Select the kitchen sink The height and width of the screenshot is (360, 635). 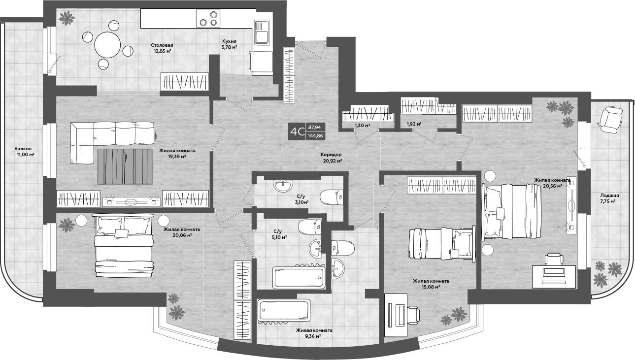point(261,33)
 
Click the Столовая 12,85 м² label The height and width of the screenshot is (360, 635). point(162,48)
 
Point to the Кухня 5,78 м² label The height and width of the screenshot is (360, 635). point(230,45)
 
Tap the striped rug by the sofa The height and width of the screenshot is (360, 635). point(126,165)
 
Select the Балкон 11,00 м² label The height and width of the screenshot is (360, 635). point(24,151)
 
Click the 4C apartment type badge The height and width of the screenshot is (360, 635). point(297,131)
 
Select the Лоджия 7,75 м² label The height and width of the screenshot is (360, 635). point(609,198)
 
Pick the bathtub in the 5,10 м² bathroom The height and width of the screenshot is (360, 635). point(299,278)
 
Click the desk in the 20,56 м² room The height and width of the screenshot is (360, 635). point(554,276)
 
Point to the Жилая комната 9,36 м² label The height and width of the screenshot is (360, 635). point(314,333)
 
